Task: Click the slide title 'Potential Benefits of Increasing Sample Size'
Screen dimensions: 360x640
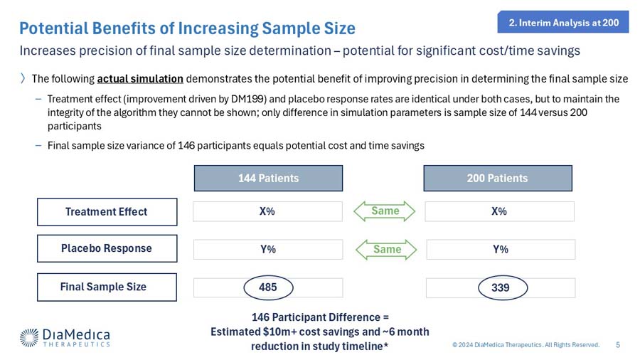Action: pyautogui.click(x=187, y=28)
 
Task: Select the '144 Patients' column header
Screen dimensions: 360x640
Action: pyautogui.click(x=268, y=178)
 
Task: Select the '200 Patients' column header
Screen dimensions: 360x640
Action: pyautogui.click(x=498, y=178)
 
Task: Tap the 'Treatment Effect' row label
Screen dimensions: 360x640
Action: pyautogui.click(x=107, y=211)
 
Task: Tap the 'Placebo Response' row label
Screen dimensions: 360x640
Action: pyautogui.click(x=107, y=248)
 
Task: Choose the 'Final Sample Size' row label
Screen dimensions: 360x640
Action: pyautogui.click(x=107, y=287)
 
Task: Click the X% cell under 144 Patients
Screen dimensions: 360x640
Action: pyautogui.click(x=268, y=211)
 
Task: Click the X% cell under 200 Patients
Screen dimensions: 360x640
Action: pyautogui.click(x=499, y=211)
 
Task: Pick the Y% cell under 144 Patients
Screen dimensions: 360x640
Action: pyautogui.click(x=268, y=249)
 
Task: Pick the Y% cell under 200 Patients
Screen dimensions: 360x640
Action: pyautogui.click(x=499, y=249)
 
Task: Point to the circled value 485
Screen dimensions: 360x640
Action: pyautogui.click(x=268, y=287)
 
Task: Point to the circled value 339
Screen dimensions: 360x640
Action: pyautogui.click(x=499, y=287)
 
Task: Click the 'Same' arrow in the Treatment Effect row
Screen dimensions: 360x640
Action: pyautogui.click(x=385, y=211)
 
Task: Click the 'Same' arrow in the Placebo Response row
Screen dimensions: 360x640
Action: pyautogui.click(x=385, y=249)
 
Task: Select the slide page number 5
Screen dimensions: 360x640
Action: pyautogui.click(x=617, y=345)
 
